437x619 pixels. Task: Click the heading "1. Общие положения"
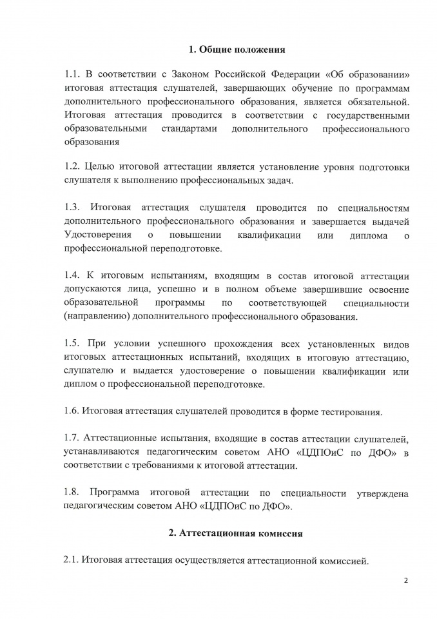(237, 49)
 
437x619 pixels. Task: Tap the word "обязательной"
(376, 101)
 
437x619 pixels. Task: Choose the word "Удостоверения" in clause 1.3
(99, 235)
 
